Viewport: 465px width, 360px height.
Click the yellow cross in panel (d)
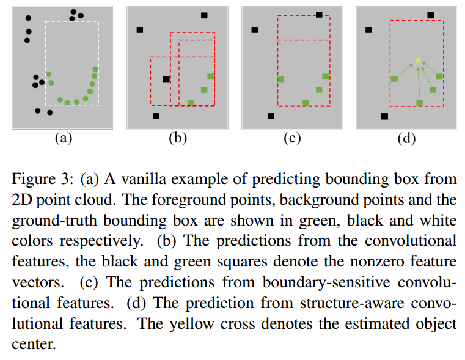pos(418,60)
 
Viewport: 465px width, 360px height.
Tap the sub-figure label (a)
pos(63,138)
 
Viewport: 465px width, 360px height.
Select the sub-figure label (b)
pos(177,138)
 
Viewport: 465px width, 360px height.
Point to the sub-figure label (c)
pos(291,138)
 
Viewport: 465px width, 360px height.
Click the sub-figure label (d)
pos(406,138)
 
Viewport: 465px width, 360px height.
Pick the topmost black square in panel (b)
pos(204,15)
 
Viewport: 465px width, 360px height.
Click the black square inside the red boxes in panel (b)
pos(166,79)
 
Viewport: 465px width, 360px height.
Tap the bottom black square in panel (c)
pos(271,116)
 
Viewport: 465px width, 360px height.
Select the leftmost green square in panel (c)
pos(281,79)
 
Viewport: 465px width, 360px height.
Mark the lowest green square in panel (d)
pos(419,103)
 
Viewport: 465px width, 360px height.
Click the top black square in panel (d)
pos(431,15)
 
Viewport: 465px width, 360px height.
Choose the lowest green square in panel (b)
pos(191,103)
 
